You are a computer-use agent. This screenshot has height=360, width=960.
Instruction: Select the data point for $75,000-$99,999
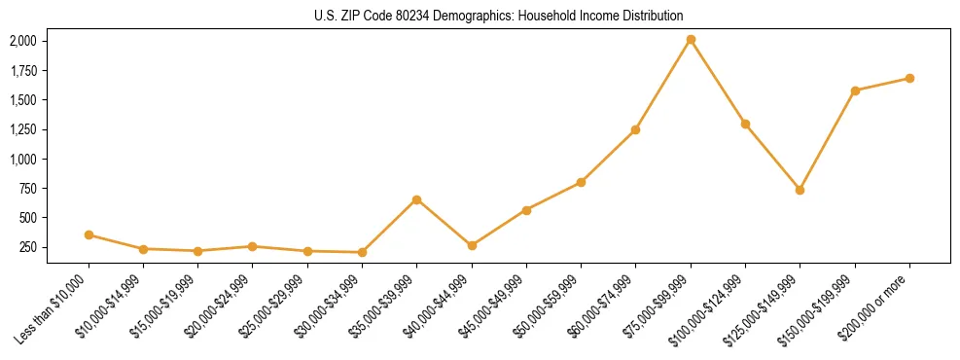pos(691,40)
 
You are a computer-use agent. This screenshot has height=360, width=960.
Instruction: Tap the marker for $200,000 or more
pos(909,78)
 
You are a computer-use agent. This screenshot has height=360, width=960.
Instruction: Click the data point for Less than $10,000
pos(89,234)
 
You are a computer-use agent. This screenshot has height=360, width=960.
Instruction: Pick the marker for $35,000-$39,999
pos(416,199)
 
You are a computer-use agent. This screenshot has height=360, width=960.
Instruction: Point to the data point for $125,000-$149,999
pos(800,190)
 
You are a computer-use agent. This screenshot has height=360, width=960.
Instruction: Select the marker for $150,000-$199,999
pos(855,90)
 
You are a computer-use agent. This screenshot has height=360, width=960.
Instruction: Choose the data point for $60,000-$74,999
pos(635,129)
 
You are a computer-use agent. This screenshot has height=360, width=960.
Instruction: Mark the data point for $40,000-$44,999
pos(472,245)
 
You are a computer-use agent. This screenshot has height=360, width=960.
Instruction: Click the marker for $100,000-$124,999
pos(745,124)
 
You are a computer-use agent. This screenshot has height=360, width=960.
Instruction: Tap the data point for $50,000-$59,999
pos(581,182)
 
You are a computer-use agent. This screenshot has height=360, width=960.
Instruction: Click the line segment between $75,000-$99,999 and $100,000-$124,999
pos(718,82)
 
